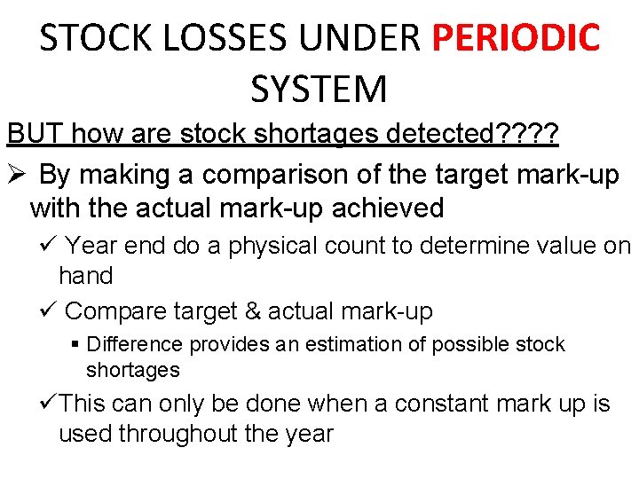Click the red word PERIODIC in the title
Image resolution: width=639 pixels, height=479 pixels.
(516, 37)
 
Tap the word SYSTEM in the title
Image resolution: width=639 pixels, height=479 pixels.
(319, 89)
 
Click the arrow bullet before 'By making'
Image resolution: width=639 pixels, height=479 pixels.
(17, 174)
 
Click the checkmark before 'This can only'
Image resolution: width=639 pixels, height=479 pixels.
(50, 404)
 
